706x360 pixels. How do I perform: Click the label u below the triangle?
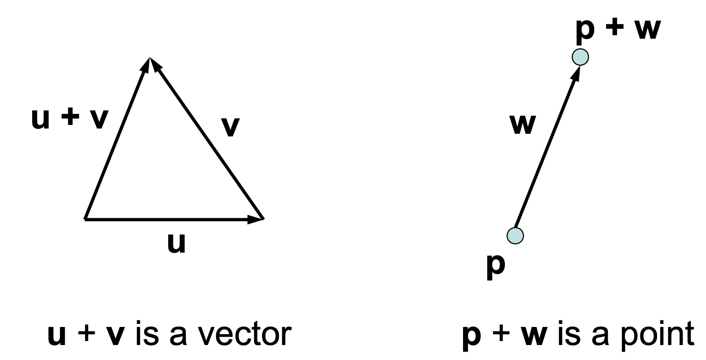tap(176, 243)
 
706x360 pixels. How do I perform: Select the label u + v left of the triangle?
tap(70, 119)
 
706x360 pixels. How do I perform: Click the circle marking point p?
tap(515, 236)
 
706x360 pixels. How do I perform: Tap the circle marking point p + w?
tap(580, 57)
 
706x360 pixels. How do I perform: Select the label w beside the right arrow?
tap(523, 125)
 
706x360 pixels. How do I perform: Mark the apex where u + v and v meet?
tap(150, 58)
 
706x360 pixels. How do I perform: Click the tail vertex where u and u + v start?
tap(85, 218)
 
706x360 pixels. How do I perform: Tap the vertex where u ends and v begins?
tap(263, 218)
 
